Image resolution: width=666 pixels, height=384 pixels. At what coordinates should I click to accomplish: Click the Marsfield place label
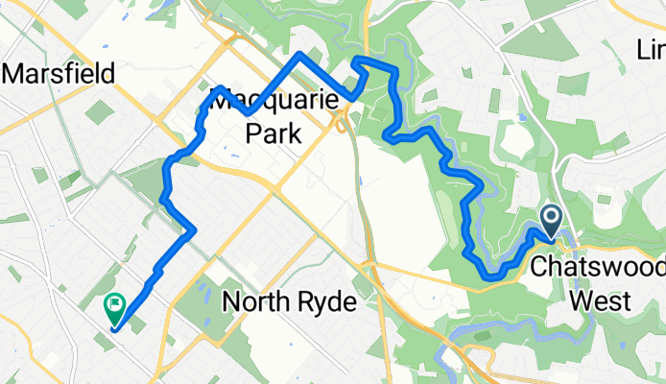(59, 74)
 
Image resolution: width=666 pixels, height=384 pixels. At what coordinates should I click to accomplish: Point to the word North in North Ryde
(255, 303)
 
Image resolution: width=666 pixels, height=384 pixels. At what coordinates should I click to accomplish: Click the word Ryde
(325, 304)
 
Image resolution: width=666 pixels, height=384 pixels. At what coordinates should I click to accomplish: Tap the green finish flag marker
(113, 306)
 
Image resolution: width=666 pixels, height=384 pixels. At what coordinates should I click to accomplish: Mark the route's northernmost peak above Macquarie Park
(301, 54)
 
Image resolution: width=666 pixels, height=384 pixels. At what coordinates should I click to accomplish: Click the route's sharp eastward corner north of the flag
(195, 228)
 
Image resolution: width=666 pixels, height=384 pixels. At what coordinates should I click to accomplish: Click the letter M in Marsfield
(17, 74)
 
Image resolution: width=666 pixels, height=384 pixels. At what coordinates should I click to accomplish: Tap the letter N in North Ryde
(231, 303)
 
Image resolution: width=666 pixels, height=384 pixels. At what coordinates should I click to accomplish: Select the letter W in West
(582, 300)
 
